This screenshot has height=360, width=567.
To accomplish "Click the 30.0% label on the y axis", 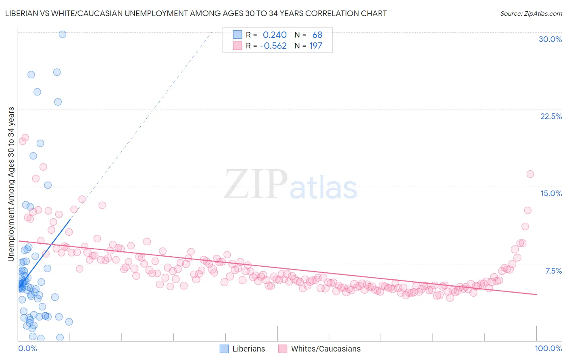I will [550, 39].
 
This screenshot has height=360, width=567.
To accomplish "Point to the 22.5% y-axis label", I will [551, 116].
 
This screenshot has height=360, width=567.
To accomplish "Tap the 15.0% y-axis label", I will [551, 193].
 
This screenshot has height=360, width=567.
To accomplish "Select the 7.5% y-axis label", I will [553, 271].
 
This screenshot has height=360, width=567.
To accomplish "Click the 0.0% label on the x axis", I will [27, 348].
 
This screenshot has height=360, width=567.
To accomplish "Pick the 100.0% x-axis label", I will [548, 348].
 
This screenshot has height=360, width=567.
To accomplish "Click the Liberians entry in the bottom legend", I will [248, 349].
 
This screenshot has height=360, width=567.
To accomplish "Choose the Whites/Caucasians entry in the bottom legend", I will [325, 349].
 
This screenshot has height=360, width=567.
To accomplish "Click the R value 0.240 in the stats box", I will [275, 35].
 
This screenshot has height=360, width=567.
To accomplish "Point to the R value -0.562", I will [273, 46].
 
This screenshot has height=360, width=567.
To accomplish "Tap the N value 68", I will [317, 35].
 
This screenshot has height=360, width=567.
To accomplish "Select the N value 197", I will [315, 46].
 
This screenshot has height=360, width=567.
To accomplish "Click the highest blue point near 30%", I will [63, 34].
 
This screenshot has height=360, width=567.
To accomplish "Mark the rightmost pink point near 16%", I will [530, 174].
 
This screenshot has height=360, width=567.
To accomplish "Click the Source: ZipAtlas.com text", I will [531, 14].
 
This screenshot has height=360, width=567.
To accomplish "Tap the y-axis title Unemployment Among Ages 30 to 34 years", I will [11, 184].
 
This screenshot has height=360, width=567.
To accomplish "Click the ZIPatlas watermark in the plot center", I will [290, 184].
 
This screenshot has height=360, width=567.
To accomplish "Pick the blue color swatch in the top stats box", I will [238, 35].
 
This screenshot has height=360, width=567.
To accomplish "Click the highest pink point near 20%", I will [25, 138].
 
